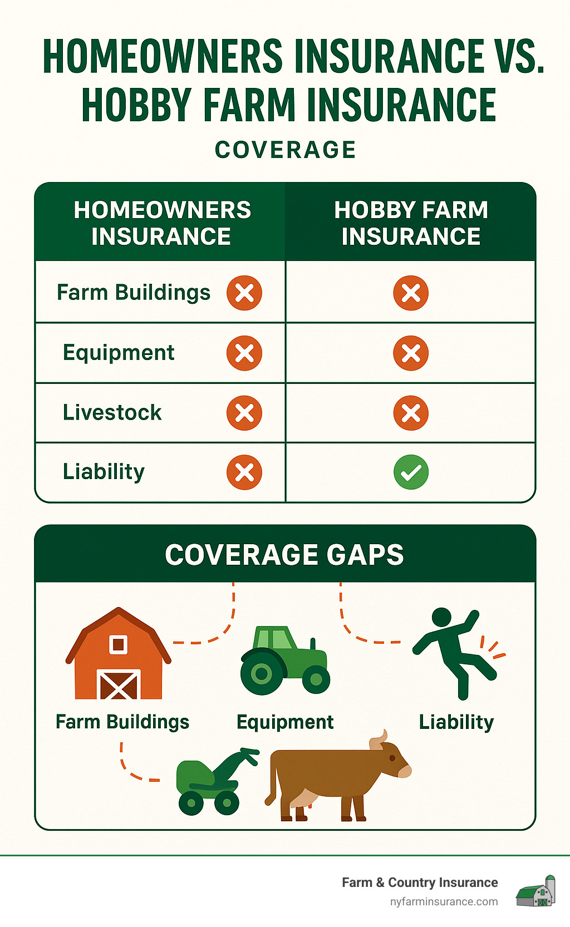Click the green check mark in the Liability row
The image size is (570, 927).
coord(411,472)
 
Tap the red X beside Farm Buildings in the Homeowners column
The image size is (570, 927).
coord(244,293)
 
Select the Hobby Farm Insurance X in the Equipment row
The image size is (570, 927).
coord(411,353)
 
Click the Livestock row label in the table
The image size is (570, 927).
coord(112,412)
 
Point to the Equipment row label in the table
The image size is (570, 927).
coord(119,352)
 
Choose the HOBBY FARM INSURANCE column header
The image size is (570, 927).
coord(411,223)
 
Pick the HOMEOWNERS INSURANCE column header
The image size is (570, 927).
coord(162,223)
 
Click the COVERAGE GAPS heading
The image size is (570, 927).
coord(284,555)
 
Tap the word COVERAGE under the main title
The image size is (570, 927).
coord(285,150)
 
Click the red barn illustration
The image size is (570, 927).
coord(118,657)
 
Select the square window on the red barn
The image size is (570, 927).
coord(118,644)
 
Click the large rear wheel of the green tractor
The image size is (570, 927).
coord(262,673)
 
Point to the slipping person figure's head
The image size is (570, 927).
coord(441,617)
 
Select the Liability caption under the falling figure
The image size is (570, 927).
coord(456,722)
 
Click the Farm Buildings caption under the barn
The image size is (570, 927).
coord(122,722)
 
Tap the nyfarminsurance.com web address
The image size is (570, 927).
coord(444,901)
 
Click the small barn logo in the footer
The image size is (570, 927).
coord(535,891)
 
